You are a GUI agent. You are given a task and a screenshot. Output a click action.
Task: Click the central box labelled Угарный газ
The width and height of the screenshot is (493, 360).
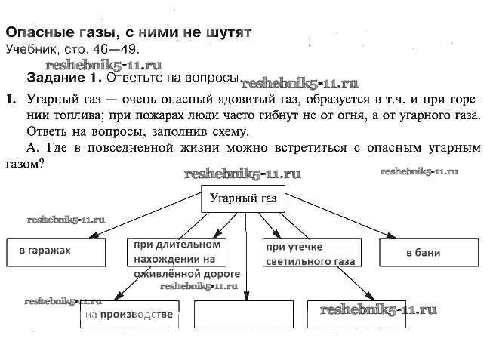point(244,201)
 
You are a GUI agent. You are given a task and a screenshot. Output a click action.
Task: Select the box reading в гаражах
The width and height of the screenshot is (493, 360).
point(56,252)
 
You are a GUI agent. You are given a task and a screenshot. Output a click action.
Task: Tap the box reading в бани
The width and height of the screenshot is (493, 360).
point(428,252)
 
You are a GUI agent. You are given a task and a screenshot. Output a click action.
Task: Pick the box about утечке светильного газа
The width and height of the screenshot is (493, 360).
point(310,254)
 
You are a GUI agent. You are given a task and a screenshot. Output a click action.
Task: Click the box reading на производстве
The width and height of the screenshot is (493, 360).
point(129,314)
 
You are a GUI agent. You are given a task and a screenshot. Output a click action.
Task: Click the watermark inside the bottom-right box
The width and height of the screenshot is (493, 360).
point(378,310)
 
